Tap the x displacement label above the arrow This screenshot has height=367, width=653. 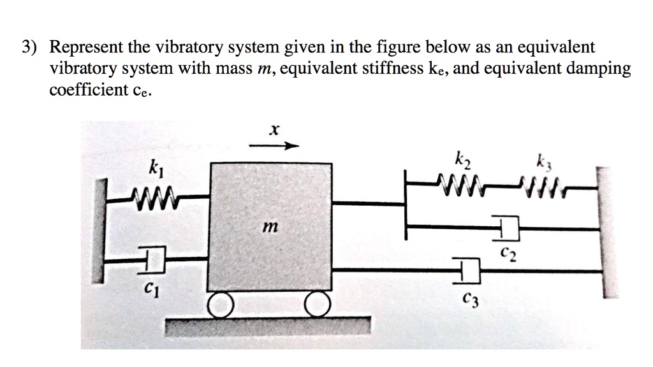click(273, 131)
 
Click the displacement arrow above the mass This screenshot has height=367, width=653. click(274, 146)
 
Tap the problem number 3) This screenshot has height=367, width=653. click(31, 48)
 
